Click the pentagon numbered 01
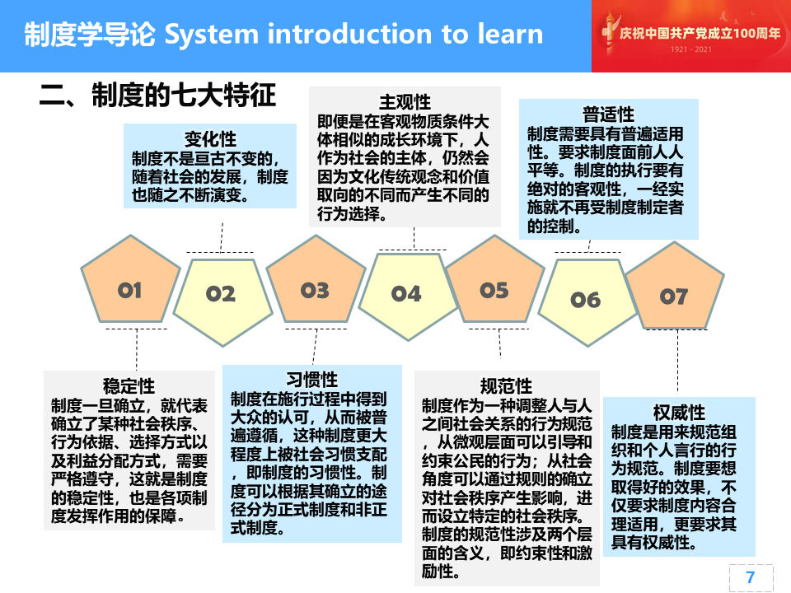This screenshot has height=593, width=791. tap(131, 282)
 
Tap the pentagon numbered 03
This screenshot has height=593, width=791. tap(316, 282)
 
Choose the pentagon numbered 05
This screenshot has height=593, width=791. tap(495, 282)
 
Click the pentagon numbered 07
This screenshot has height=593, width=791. tap(675, 288)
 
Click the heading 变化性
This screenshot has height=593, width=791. tap(210, 138)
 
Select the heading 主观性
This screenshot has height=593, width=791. tap(405, 102)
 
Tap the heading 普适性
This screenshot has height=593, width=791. tap(608, 114)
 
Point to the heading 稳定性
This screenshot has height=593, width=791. tap(129, 386)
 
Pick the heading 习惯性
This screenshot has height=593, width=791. tap(311, 380)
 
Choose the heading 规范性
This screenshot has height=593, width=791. tap(506, 386)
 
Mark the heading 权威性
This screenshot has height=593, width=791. tap(679, 413)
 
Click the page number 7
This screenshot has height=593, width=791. tap(750, 577)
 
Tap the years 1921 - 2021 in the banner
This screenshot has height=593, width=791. tap(691, 49)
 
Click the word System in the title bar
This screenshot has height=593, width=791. tap(212, 35)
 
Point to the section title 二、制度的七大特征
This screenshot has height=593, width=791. tap(157, 95)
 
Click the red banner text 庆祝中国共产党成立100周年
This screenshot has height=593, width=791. tap(700, 33)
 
